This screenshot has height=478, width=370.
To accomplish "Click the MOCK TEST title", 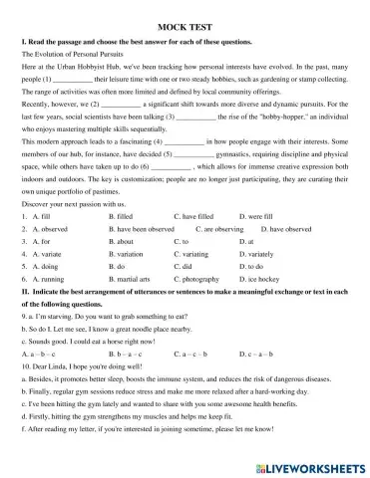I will coord(185,32).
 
